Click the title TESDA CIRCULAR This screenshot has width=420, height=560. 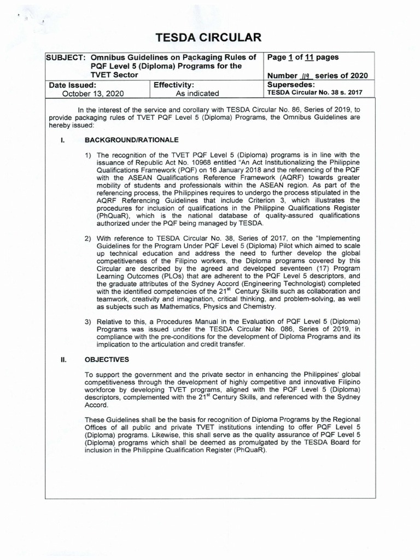coord(210,37)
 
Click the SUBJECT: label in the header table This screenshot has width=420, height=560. coord(66,57)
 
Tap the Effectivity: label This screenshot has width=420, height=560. coord(174,85)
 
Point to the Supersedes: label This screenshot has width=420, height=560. coord(291,85)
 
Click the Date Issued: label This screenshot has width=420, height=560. coord(73,85)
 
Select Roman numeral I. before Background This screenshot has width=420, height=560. coord(63,141)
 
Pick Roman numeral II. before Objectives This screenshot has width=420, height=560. coord(63,359)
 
